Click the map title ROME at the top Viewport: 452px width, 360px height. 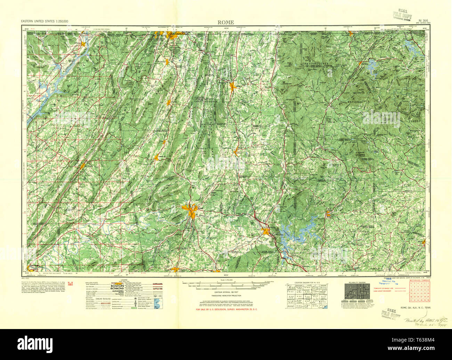(226, 22)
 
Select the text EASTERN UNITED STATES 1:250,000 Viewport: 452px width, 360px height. (45, 22)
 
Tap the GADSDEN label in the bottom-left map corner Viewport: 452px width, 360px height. (34, 265)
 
